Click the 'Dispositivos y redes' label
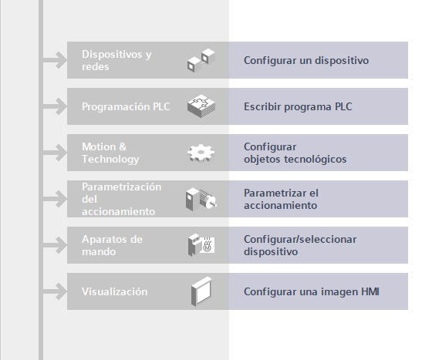[116, 60]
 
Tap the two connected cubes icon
[201, 61]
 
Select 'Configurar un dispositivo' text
[306, 60]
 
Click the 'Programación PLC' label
[126, 106]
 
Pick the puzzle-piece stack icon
[201, 106]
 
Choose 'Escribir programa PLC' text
[298, 106]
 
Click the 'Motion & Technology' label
[110, 153]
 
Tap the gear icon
[201, 153]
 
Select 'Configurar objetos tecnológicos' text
[295, 153]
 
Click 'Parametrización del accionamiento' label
[122, 199]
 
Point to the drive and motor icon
[201, 199]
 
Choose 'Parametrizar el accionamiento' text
[281, 199]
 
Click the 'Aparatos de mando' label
[112, 245]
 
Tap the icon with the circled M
[201, 245]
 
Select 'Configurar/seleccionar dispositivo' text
[300, 245]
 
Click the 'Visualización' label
[115, 291]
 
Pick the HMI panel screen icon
[201, 291]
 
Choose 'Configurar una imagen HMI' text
[312, 291]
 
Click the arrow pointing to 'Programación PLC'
[55, 106]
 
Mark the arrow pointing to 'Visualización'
[55, 291]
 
